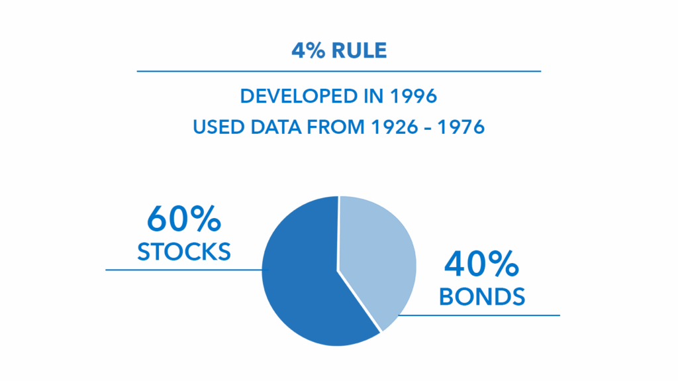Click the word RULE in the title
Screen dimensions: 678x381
coord(359,50)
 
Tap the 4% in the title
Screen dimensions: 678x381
coord(309,50)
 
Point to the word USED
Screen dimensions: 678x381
coord(218,127)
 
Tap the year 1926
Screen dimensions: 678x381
coord(395,127)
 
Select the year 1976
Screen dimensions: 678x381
coord(461,127)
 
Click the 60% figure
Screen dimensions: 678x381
coord(184,219)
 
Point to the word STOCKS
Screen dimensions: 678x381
coord(184,252)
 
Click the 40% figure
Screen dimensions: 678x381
coord(481,264)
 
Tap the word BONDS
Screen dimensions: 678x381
coord(482,297)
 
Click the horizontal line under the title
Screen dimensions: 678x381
coord(339,71)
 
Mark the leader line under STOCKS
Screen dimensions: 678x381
coord(187,270)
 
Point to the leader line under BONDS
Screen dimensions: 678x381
coord(479,315)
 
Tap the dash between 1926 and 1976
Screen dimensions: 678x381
coord(428,129)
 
